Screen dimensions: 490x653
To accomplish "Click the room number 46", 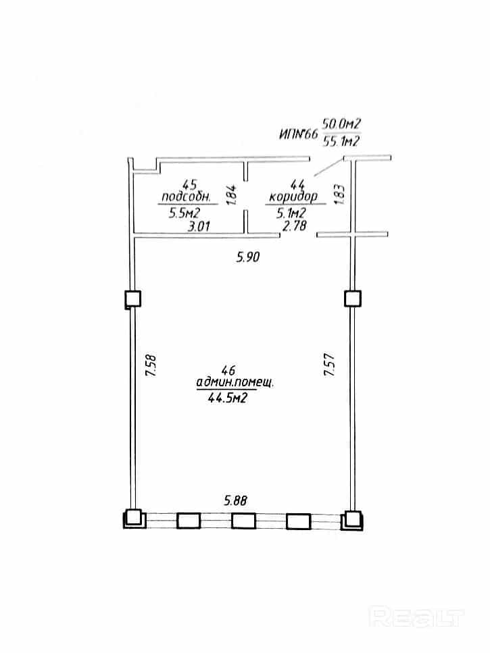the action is (x=228, y=369).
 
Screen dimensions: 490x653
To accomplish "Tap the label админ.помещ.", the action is (x=235, y=382).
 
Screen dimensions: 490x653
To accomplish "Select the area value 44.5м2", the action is (x=227, y=398).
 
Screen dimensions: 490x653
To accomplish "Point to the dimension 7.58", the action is (x=151, y=365).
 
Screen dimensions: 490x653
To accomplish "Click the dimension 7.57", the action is (x=330, y=365).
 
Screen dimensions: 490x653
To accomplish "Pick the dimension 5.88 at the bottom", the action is (x=235, y=500).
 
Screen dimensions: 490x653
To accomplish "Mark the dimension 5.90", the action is (x=248, y=257).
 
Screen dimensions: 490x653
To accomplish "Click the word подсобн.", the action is (x=187, y=196).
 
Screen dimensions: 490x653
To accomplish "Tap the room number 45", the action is (x=190, y=184).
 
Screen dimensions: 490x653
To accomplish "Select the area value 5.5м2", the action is (x=185, y=213).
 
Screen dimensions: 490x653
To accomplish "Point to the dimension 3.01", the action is (x=199, y=226).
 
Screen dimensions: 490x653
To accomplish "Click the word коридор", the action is (x=293, y=196).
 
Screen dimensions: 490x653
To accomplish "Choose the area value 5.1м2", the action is (x=291, y=213).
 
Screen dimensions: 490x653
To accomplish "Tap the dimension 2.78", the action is (x=295, y=226).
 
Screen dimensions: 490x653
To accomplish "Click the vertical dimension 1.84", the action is (x=232, y=194).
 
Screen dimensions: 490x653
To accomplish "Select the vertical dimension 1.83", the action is (x=339, y=194).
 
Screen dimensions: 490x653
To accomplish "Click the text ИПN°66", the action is (x=298, y=134).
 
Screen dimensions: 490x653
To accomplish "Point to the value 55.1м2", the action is (x=341, y=142).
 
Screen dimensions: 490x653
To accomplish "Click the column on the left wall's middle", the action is (x=133, y=299).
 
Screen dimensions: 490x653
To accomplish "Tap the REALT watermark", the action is (x=417, y=617).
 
